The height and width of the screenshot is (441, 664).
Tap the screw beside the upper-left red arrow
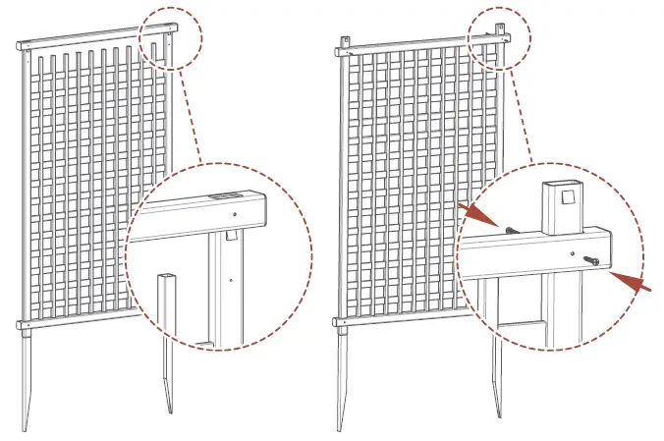(512, 227)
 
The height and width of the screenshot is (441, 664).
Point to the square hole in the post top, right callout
(567, 200)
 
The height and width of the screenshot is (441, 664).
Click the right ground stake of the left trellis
(168, 378)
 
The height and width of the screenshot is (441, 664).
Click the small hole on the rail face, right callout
(573, 251)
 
